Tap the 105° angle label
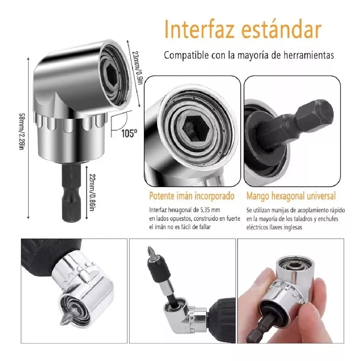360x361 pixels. tap(129, 133)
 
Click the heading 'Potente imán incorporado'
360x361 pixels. tap(192, 196)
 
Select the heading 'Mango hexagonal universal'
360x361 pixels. tap(291, 196)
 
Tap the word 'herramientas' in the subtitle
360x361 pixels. tap(308, 55)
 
